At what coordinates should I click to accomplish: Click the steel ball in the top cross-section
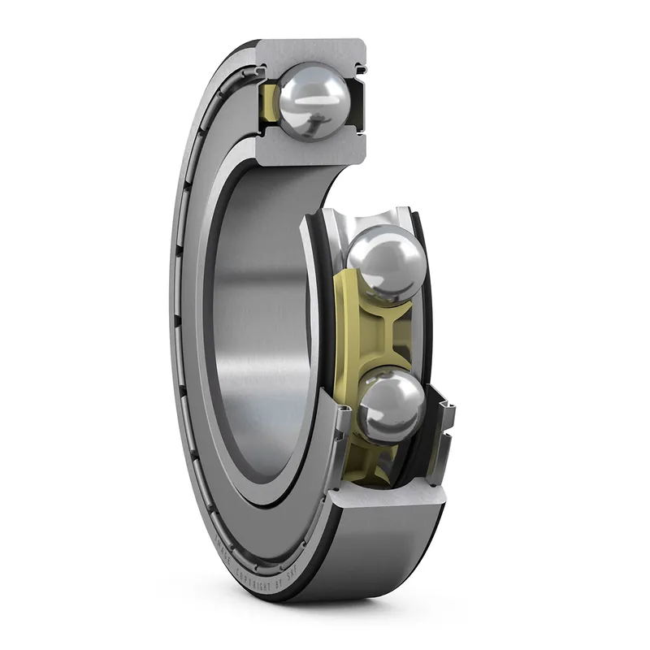[313, 100]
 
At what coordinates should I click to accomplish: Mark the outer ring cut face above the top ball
[313, 50]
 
